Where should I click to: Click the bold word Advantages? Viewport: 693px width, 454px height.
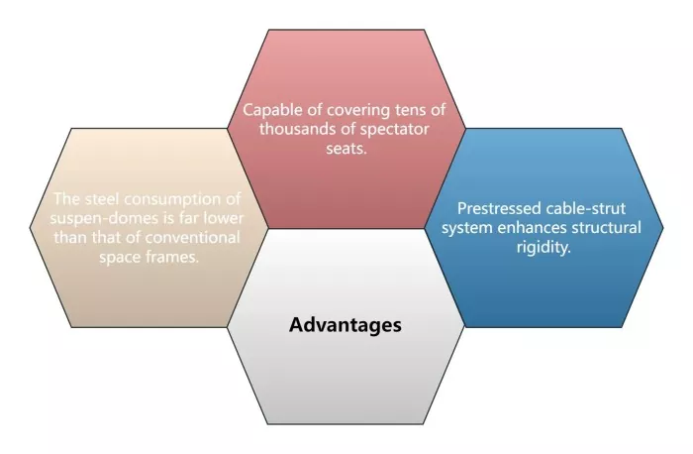[346, 325]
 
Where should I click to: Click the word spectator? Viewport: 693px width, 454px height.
[394, 130]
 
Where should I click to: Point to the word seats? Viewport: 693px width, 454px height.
[346, 149]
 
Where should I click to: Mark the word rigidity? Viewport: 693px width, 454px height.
[544, 247]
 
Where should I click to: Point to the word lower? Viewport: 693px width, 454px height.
[224, 218]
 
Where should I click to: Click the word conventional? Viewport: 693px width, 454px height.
[192, 238]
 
